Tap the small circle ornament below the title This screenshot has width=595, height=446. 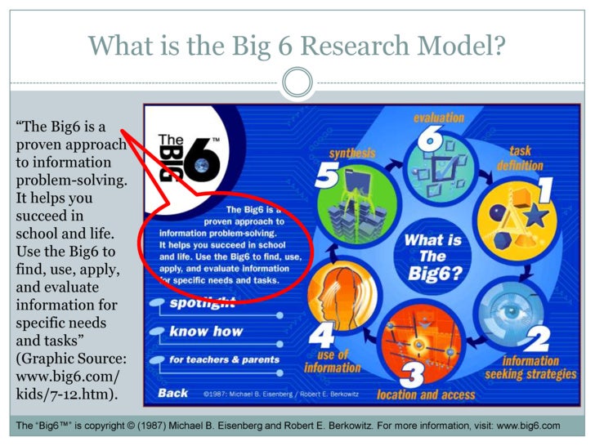point(297,83)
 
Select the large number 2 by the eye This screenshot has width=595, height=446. point(537,338)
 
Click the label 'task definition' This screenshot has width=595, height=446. point(520,158)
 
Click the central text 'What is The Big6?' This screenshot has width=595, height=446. point(433,254)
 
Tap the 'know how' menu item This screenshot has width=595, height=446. point(206,332)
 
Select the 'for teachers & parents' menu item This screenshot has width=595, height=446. point(224,359)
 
